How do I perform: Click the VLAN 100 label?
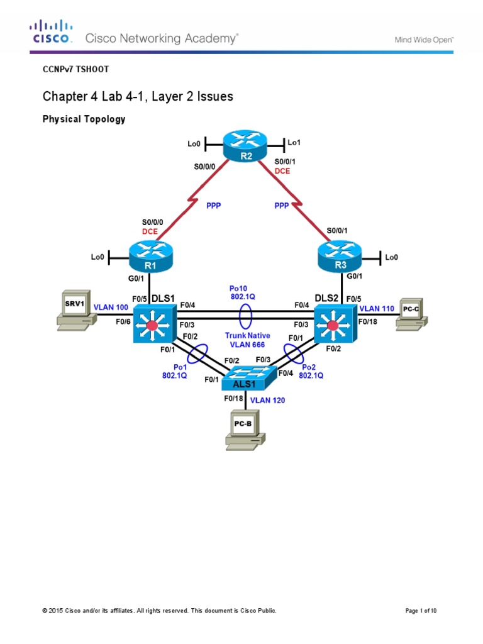[x=111, y=308]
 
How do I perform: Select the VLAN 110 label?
[x=377, y=309]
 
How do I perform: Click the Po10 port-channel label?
[x=242, y=288]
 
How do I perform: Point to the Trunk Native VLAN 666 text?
[x=245, y=340]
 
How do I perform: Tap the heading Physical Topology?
[x=84, y=119]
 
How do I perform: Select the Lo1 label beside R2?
[x=294, y=143]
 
